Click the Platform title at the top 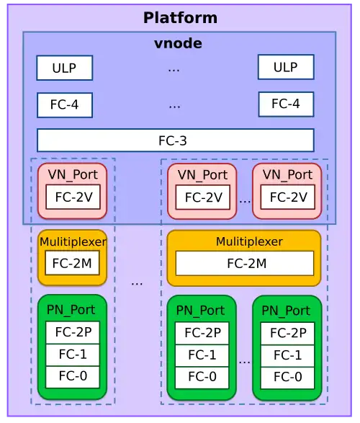(180, 18)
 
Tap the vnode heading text (178, 43)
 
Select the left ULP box (65, 68)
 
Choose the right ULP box (286, 67)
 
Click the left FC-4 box (65, 105)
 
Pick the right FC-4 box (286, 104)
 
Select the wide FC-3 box (176, 141)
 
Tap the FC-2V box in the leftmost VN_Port (73, 197)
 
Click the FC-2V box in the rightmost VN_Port (288, 197)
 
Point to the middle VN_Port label (202, 175)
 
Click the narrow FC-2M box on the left (72, 263)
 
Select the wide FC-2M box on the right (245, 263)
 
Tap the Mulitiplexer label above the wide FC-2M (249, 241)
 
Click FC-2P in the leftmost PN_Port (73, 332)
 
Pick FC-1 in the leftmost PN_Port (73, 355)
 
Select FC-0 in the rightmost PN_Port (287, 378)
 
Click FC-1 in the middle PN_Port (202, 355)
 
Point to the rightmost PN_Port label (286, 311)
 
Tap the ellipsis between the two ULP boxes (174, 70)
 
